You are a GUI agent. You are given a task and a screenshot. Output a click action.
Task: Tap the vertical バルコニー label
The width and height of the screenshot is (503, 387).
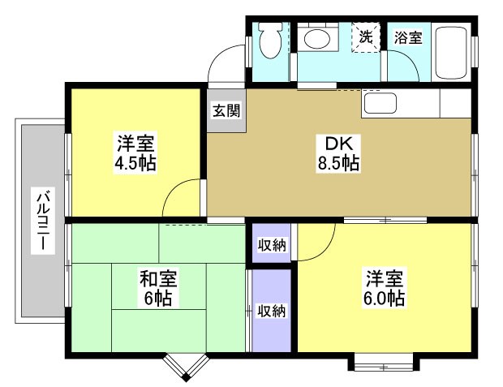point(41,220)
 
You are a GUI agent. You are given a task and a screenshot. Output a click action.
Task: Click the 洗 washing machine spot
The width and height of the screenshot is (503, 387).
point(367,37)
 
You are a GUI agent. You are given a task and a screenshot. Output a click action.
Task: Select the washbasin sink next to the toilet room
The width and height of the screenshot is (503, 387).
point(318,39)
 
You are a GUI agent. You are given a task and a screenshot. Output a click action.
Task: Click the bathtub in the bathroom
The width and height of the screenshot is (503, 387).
point(451,52)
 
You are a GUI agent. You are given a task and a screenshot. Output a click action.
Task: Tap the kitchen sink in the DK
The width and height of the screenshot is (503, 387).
point(378,103)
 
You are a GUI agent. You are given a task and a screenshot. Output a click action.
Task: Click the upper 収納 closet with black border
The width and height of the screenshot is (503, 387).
point(271,244)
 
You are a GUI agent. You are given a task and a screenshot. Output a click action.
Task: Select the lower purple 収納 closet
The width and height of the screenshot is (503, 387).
point(271,310)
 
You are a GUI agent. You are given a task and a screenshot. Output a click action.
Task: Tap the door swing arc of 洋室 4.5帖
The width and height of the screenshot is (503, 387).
point(183,200)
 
